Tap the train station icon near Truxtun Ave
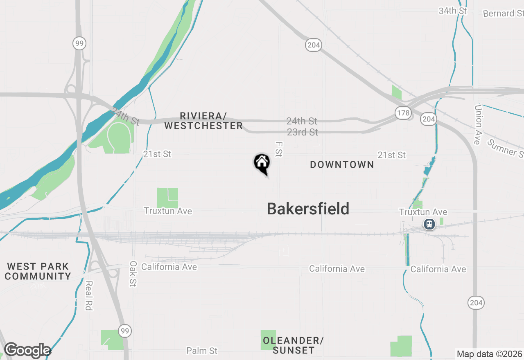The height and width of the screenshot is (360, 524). [x=429, y=224]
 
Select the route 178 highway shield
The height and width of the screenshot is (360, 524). [x=403, y=113]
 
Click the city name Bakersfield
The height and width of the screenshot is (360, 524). [x=308, y=209]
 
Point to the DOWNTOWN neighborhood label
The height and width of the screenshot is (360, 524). [x=342, y=164]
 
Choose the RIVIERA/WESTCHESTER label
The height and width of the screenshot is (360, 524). [x=203, y=121]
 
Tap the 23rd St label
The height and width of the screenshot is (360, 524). [x=302, y=132]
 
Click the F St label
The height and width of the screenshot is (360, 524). [x=279, y=149]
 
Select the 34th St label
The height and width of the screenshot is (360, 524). [x=452, y=11]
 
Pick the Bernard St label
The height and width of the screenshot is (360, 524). [x=503, y=13]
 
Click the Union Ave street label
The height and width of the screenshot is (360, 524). [x=478, y=124]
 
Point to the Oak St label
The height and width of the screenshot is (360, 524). [x=133, y=274]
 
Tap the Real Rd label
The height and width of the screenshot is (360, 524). [x=89, y=295]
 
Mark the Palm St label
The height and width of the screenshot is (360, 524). [x=202, y=351]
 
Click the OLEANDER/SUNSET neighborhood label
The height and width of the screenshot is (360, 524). [x=293, y=345]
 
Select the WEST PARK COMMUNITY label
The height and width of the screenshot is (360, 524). [x=38, y=271]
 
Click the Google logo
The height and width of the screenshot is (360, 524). [x=27, y=351]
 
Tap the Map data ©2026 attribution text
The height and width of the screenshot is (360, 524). [x=489, y=354]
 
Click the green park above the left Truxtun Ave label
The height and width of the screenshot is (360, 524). [x=167, y=198]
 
